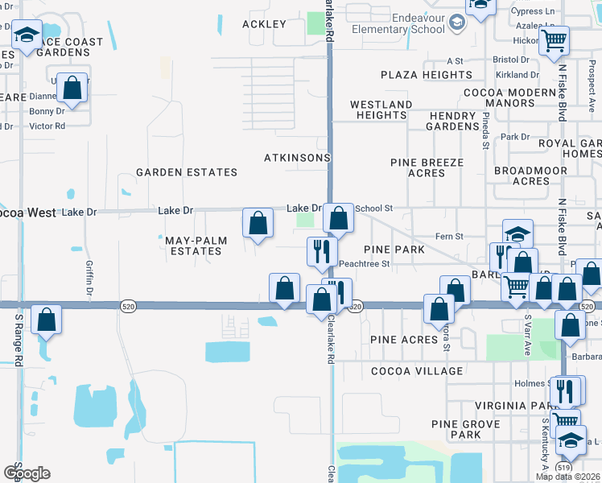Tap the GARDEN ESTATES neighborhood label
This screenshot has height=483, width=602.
[187, 172]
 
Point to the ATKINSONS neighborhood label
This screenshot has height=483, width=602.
[297, 158]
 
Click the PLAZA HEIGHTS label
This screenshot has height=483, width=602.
[427, 75]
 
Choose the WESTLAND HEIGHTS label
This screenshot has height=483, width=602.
[381, 109]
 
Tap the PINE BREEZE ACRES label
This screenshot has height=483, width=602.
[427, 167]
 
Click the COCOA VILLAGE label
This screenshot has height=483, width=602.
[417, 371]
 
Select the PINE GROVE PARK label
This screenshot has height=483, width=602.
[456, 429]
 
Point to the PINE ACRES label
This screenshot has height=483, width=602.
[404, 340]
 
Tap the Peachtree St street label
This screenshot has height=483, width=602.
[364, 263]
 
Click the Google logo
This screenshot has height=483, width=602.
[27, 473]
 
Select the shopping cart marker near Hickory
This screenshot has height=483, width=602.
[554, 40]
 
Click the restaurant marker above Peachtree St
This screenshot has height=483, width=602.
[320, 252]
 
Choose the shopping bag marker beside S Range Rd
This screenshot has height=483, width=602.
[46, 320]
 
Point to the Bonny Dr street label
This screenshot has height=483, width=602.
[47, 112]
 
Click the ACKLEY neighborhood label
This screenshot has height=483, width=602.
[265, 24]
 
